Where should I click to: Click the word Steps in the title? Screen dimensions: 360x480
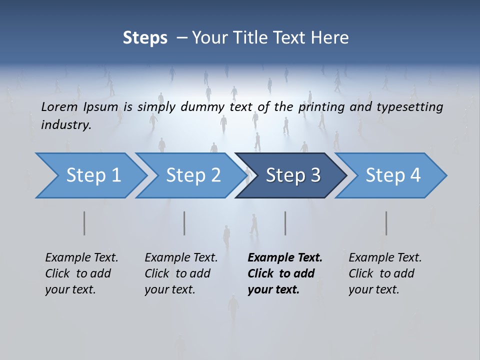click(145, 38)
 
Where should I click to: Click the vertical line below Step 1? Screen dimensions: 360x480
click(84, 223)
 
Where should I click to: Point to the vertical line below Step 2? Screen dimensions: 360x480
click(184, 223)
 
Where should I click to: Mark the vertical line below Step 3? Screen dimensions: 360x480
click(285, 223)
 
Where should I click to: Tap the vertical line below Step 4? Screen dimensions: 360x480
click(386, 223)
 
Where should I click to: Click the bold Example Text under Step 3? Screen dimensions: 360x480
click(285, 257)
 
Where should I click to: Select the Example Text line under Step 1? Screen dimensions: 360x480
click(81, 257)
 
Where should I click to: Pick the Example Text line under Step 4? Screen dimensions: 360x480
click(385, 257)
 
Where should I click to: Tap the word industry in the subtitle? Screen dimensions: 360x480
click(66, 125)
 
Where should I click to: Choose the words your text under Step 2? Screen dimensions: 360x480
click(169, 289)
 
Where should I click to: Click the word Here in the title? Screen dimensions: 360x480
click(330, 38)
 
